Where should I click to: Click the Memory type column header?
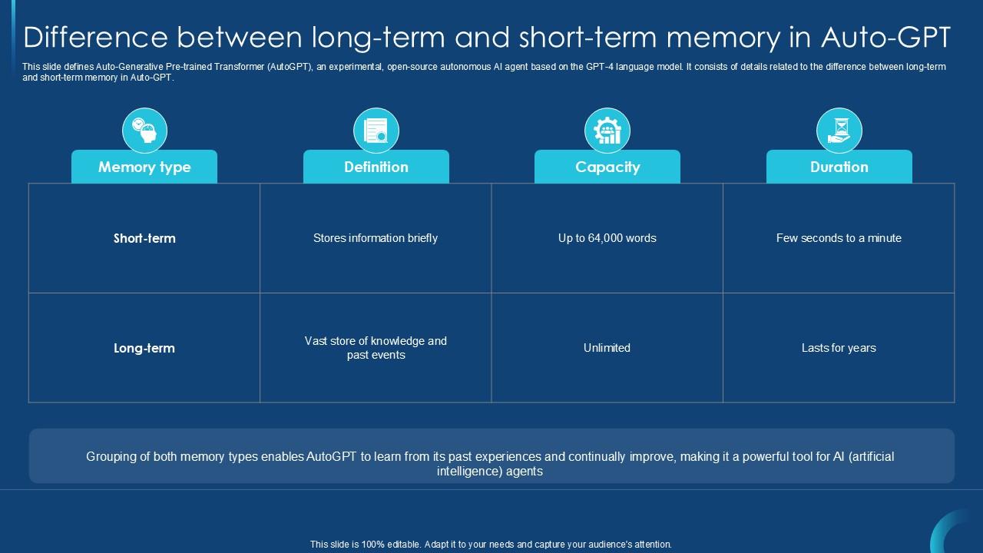click(144, 167)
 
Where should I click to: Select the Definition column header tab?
click(376, 167)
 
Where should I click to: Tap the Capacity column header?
click(607, 167)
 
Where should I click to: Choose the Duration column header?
click(839, 167)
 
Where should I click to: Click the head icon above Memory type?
click(144, 130)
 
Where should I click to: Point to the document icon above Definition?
click(376, 130)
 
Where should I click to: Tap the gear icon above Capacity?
click(607, 130)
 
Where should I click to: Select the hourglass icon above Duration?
click(839, 130)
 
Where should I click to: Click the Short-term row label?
click(144, 238)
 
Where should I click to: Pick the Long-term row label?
click(144, 348)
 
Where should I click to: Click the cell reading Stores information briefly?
click(376, 238)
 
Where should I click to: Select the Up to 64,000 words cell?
click(607, 238)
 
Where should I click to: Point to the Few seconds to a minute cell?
click(839, 238)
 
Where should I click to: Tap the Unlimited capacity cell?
click(607, 348)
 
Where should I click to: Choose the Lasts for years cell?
click(839, 348)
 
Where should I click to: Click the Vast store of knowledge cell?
click(376, 348)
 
